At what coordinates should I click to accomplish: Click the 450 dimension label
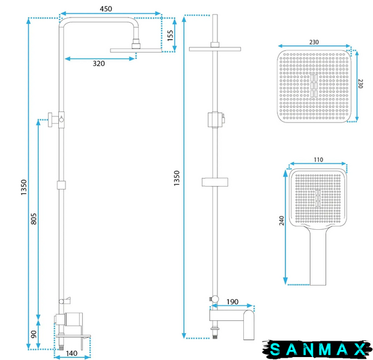(x=106, y=9)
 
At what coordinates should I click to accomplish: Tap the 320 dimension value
(x=99, y=64)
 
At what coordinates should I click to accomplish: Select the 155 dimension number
(x=171, y=35)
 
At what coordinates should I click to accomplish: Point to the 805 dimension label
(x=34, y=218)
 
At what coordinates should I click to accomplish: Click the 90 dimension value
(x=34, y=334)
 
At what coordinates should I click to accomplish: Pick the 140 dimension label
(x=71, y=353)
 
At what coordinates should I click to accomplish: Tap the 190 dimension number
(x=232, y=302)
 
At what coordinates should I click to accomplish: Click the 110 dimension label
(x=318, y=160)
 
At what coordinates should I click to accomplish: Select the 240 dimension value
(x=282, y=221)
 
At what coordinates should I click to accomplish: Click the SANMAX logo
(x=317, y=349)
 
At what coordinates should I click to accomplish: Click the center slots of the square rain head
(x=314, y=86)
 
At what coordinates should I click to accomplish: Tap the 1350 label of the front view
(x=24, y=187)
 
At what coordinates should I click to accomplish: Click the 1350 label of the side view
(x=177, y=178)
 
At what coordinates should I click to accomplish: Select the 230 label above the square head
(x=314, y=42)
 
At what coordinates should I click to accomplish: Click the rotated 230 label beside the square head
(x=360, y=83)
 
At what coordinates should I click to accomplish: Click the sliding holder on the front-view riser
(x=61, y=185)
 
